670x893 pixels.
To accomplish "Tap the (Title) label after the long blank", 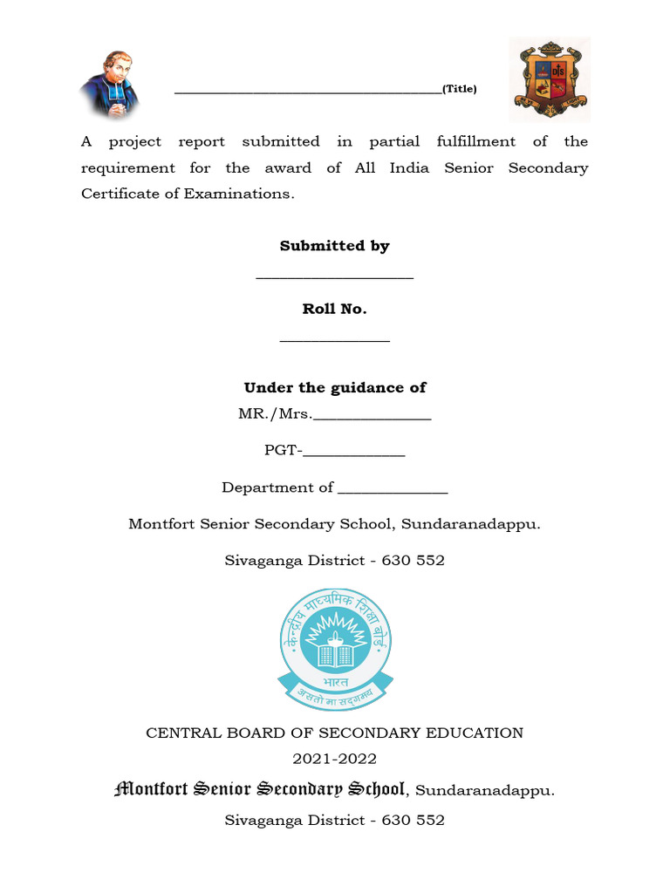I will [460, 89].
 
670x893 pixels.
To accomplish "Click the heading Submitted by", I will [334, 246].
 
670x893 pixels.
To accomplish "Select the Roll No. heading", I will [334, 309].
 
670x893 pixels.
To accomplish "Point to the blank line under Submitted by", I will [334, 278].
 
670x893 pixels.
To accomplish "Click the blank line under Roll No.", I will [334, 341].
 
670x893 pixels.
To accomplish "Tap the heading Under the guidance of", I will [334, 387].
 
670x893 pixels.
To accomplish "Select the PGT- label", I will [284, 451].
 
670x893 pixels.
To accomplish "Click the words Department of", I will [277, 487].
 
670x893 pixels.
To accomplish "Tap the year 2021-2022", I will [334, 760].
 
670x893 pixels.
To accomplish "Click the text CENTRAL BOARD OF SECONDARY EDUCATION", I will [334, 733].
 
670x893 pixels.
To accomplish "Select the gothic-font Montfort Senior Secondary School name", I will [260, 789].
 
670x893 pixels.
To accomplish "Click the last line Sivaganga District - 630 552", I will [334, 820].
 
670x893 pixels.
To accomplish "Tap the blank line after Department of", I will [393, 491].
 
